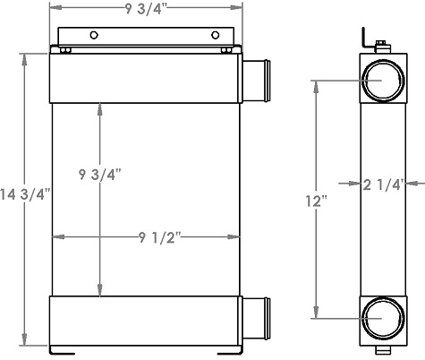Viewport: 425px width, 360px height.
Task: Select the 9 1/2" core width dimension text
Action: [x=162, y=237]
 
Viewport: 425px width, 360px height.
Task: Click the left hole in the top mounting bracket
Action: [x=93, y=35]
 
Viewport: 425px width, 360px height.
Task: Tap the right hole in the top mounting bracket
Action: [x=215, y=35]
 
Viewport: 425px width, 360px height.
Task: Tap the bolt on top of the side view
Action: [x=382, y=46]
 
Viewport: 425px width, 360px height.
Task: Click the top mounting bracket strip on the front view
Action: [x=148, y=36]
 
